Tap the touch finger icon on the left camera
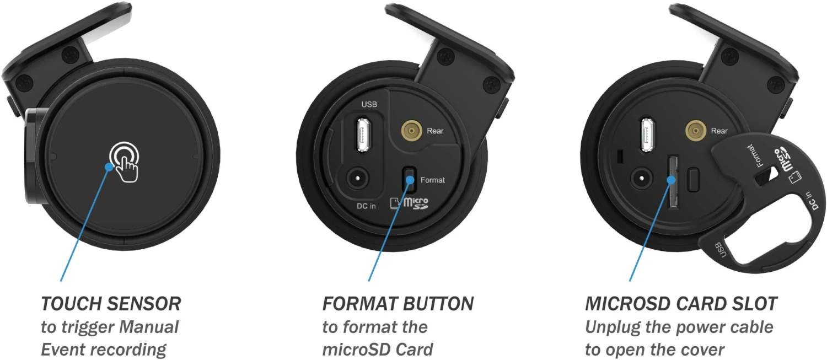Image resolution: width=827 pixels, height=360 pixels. point(125,162)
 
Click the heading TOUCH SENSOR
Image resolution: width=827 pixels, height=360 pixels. point(111,304)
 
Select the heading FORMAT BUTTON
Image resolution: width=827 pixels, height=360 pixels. point(398,304)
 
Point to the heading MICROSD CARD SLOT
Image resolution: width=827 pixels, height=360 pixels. point(681,304)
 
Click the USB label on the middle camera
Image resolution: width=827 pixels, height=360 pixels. point(369,105)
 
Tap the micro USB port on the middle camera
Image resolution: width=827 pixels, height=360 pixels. point(364,134)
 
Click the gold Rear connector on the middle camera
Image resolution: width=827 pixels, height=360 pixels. point(412,130)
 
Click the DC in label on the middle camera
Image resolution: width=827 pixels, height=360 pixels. point(366,206)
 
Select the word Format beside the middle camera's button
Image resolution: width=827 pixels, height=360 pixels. point(433,180)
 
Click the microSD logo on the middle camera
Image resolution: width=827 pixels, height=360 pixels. point(410,203)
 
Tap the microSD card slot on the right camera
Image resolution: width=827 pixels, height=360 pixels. point(673,182)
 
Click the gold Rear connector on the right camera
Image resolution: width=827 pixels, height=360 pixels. point(696,130)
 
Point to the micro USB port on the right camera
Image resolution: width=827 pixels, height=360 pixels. point(647,135)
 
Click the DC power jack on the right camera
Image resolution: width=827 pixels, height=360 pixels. point(641,179)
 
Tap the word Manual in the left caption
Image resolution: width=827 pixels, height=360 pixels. point(149,327)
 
